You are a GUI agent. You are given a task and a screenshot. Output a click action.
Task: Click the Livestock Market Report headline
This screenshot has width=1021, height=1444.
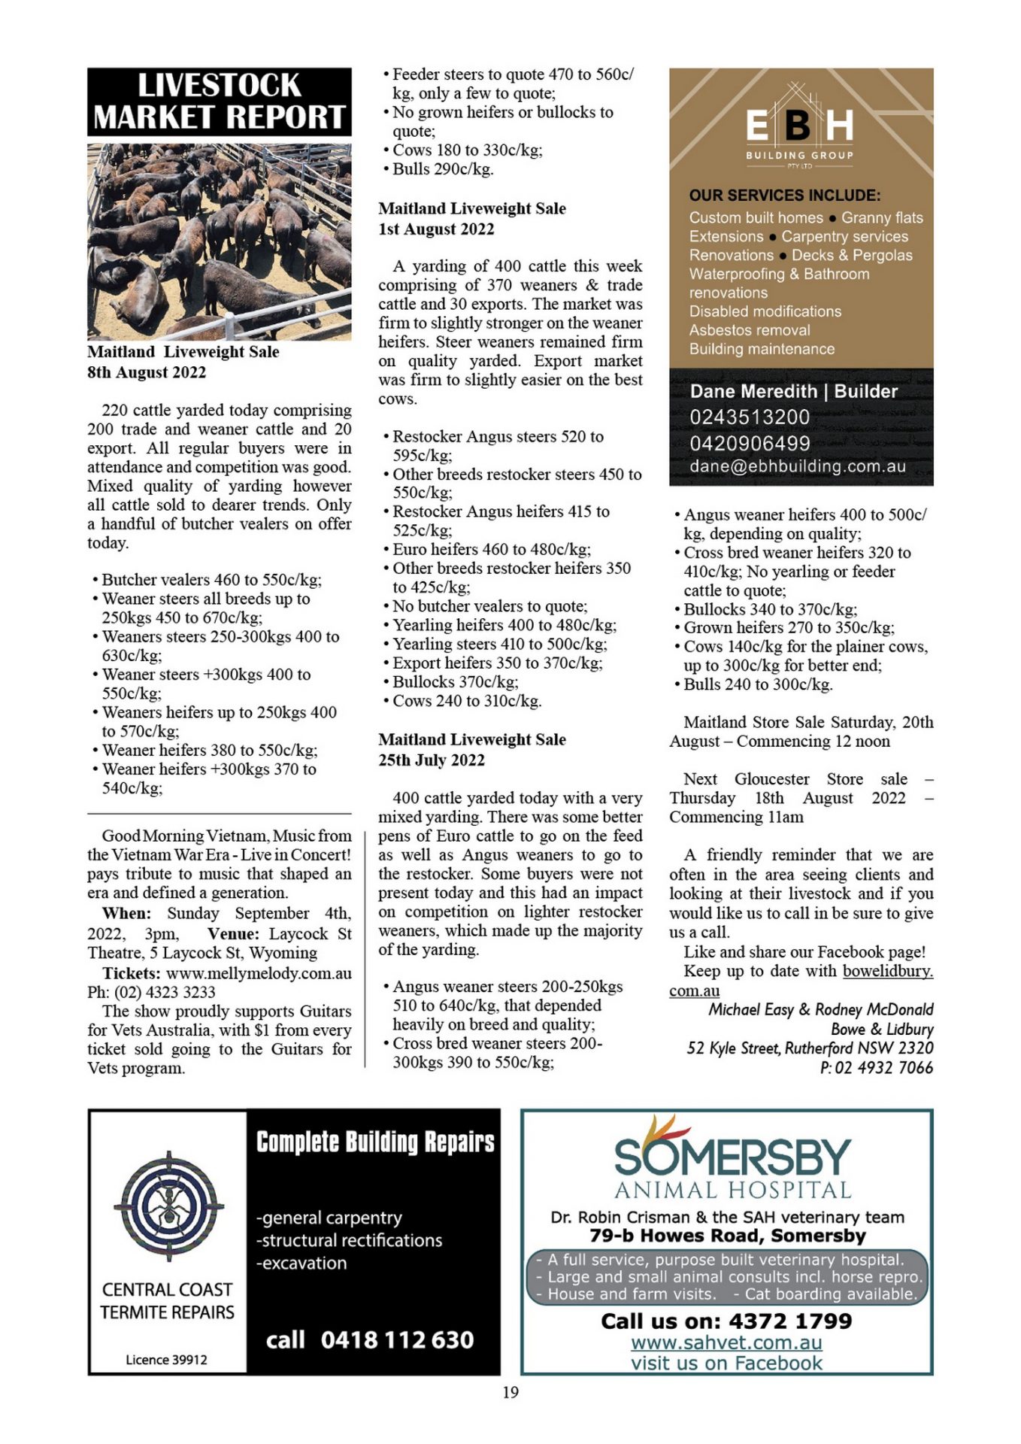pyautogui.click(x=219, y=102)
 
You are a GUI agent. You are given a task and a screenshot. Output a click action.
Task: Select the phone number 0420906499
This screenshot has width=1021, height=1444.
pyautogui.click(x=750, y=443)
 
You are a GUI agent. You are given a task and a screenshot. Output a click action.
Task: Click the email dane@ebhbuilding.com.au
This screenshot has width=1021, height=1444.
pyautogui.click(x=797, y=466)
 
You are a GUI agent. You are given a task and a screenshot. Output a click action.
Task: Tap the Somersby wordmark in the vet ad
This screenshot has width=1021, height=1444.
pyautogui.click(x=732, y=1156)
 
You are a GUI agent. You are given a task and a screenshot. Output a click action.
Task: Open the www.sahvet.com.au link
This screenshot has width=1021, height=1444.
pyautogui.click(x=726, y=1342)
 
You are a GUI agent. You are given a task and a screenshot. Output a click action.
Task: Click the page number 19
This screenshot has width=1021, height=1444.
pyautogui.click(x=510, y=1392)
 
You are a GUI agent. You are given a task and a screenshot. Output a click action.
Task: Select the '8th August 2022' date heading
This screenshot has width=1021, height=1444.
pyautogui.click(x=147, y=372)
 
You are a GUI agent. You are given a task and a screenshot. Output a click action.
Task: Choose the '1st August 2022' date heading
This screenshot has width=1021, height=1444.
pyautogui.click(x=436, y=229)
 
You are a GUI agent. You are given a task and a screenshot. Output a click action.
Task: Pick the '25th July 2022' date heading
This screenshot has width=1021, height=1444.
pyautogui.click(x=432, y=760)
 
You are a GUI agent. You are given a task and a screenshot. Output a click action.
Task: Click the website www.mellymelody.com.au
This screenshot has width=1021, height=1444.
pyautogui.click(x=259, y=973)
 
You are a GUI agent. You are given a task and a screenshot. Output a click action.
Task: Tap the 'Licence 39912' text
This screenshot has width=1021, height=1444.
pyautogui.click(x=166, y=1359)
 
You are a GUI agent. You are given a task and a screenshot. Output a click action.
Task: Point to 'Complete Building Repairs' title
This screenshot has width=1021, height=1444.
pyautogui.click(x=375, y=1142)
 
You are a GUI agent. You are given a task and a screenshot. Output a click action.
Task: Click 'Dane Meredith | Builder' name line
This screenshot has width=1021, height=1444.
pyautogui.click(x=793, y=391)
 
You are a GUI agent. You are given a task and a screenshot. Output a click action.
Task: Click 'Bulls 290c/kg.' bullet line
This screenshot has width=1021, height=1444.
pyautogui.click(x=443, y=169)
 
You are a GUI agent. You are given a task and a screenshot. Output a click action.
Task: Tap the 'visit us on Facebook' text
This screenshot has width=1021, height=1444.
pyautogui.click(x=726, y=1363)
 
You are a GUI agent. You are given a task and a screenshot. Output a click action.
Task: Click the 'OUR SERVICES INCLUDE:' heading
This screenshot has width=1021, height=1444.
pyautogui.click(x=784, y=196)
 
